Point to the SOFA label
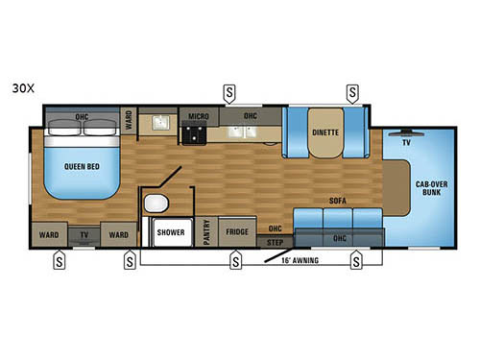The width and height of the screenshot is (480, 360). pos(337,201)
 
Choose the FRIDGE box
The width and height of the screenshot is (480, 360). pos(237,231)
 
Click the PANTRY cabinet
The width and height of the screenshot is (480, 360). pos(207,232)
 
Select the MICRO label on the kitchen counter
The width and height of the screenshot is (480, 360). pos(199,115)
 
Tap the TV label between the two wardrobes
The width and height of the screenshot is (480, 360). pos(85,232)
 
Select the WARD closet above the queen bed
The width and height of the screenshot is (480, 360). pos(128,121)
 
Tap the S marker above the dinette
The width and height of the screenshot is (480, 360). pos(352,92)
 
